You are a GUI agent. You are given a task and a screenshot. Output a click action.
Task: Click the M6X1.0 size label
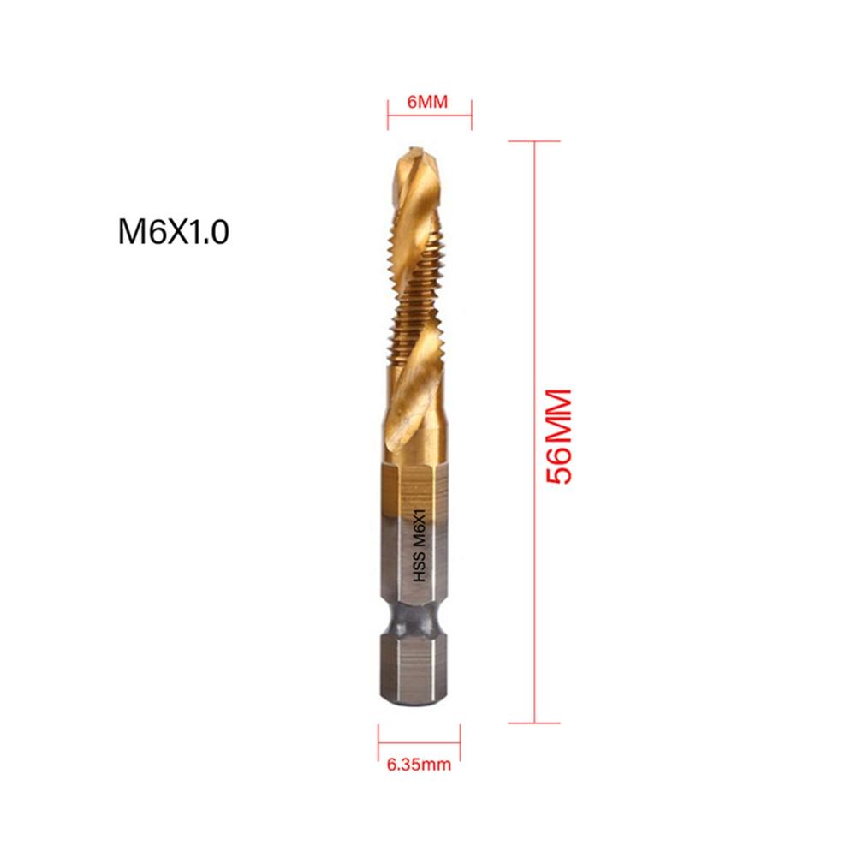pos(173,232)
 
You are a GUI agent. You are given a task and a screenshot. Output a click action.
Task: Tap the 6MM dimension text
pos(428,102)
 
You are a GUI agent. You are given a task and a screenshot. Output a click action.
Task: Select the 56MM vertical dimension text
pos(558,437)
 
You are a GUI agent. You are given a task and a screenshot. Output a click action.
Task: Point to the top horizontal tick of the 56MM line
pos(535,141)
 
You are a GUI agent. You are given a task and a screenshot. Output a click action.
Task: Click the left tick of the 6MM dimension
pos(388,107)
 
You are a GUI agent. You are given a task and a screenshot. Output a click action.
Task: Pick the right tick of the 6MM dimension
pos(472,107)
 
